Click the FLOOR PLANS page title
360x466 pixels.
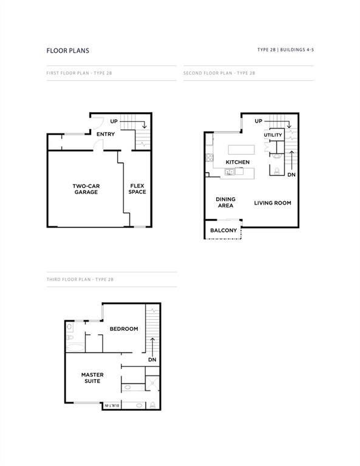pyautogui.click(x=67, y=51)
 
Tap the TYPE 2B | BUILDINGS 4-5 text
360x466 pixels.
pyautogui.click(x=285, y=49)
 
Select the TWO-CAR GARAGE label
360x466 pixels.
pyautogui.click(x=86, y=189)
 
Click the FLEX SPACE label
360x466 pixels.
pyautogui.click(x=137, y=189)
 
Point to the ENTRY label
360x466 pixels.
pyautogui.click(x=106, y=134)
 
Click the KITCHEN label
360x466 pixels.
pyautogui.click(x=237, y=162)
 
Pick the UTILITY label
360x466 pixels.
pyautogui.click(x=273, y=135)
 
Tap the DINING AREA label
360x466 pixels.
pyautogui.click(x=225, y=202)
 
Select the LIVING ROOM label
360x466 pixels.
pyautogui.click(x=273, y=203)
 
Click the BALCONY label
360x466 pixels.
pyautogui.click(x=223, y=231)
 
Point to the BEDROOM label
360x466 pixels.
pyautogui.click(x=124, y=329)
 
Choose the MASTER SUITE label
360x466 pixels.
pyautogui.click(x=92, y=378)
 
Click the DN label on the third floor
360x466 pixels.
pyautogui.click(x=152, y=360)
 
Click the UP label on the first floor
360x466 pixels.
pyautogui.click(x=114, y=122)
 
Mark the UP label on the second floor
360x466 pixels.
pyautogui.click(x=259, y=121)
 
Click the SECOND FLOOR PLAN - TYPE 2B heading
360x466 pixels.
pyautogui.click(x=219, y=73)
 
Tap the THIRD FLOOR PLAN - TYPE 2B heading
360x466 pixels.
pyautogui.click(x=80, y=279)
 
